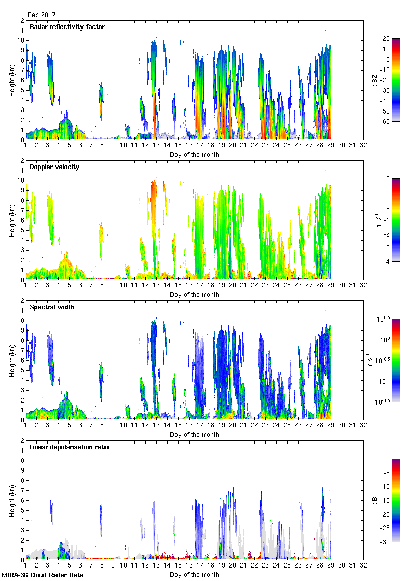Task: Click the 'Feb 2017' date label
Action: click(42, 15)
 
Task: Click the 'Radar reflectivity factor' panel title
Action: click(67, 27)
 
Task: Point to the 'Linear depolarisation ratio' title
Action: click(69, 447)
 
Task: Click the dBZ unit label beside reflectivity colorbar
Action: click(375, 80)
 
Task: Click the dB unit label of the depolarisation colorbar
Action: click(375, 500)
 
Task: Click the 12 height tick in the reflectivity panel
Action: click(21, 21)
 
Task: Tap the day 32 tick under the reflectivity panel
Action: click(363, 146)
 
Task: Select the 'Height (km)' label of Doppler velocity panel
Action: click(11, 220)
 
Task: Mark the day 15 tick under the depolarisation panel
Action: click(178, 566)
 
